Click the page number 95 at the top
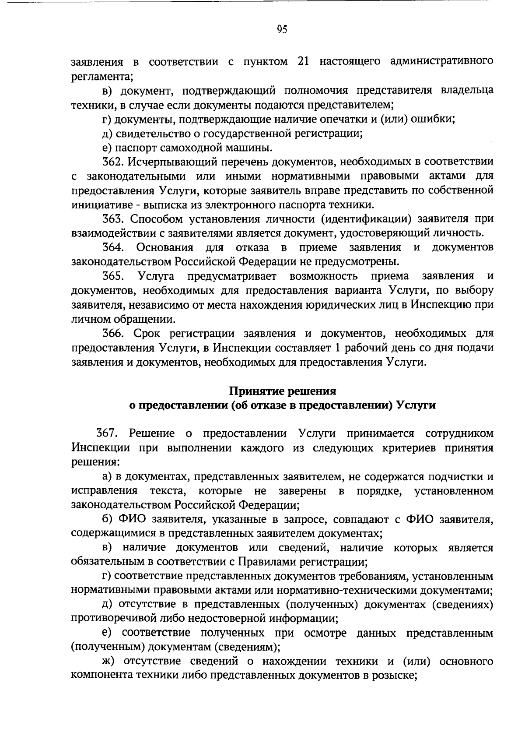point(282,29)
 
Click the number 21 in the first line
point(304,62)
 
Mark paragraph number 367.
point(107,433)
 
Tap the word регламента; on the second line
point(102,77)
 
